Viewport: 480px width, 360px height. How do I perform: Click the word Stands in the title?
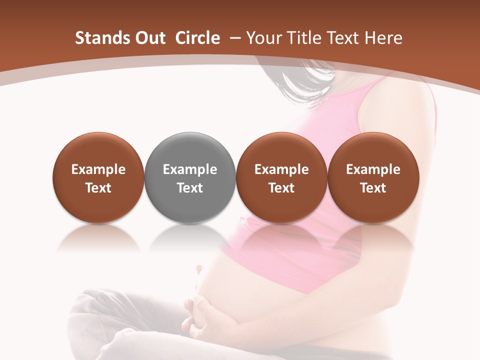coord(99,38)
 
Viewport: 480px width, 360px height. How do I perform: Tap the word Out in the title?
coord(148,38)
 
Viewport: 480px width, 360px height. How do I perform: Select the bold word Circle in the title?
coord(197,38)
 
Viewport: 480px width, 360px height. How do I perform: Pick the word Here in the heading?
coord(383,38)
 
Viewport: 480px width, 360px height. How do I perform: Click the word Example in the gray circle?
coord(190,169)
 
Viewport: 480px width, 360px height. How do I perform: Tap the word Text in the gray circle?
coord(190,188)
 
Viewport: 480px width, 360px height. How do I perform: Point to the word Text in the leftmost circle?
coord(98,188)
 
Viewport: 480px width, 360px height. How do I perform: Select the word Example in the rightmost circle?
coord(373,169)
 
